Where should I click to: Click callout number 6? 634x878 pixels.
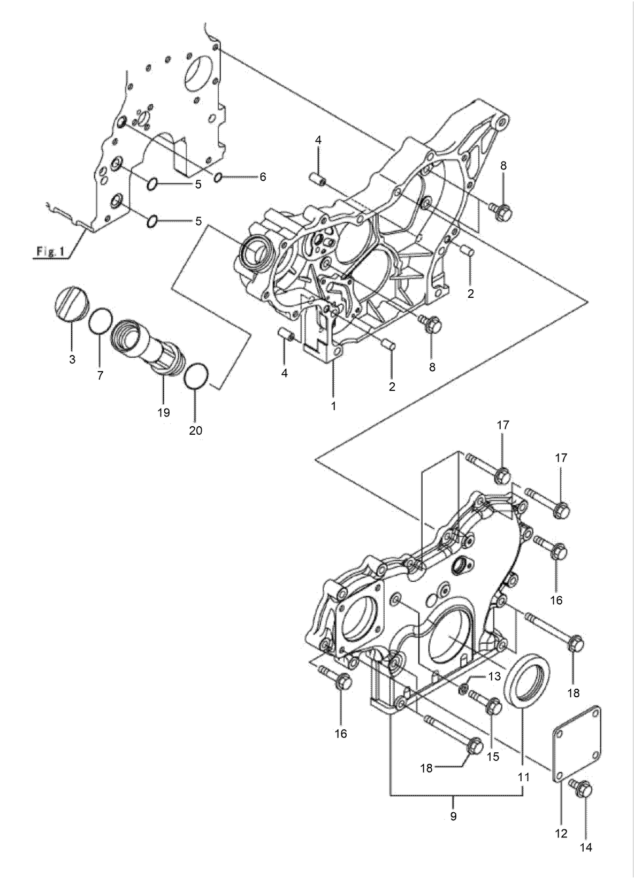tap(262, 177)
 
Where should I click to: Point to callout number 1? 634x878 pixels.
tap(333, 406)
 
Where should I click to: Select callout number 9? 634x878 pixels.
tap(453, 817)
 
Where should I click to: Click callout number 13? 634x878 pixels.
tap(493, 676)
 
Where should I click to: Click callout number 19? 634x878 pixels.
tap(164, 412)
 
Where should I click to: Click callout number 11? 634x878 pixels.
tap(523, 777)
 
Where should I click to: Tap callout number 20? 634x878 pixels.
tap(195, 430)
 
